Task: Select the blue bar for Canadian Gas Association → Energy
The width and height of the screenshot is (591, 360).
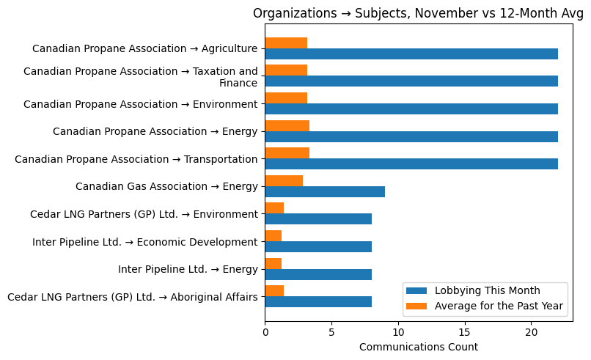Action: (x=325, y=191)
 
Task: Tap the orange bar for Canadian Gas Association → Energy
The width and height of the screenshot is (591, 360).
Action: (x=284, y=180)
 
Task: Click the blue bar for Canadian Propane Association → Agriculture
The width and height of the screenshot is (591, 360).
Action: (x=411, y=54)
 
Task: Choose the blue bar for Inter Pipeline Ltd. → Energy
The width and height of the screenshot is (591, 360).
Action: (x=318, y=274)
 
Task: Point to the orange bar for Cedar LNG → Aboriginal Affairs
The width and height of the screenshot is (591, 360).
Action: (x=274, y=290)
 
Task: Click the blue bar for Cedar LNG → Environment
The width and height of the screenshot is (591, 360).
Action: (x=318, y=219)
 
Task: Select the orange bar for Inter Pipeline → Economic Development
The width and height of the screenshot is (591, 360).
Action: (x=273, y=235)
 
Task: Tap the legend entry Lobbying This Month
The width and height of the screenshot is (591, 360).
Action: (x=487, y=290)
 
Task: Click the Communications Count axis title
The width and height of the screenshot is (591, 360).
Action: (x=418, y=347)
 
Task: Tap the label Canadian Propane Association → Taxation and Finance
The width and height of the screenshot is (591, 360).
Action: (x=140, y=77)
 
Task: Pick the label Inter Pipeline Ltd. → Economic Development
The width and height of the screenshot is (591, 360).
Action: (x=144, y=242)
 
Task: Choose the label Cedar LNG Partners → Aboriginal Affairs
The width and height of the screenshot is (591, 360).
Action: (x=132, y=297)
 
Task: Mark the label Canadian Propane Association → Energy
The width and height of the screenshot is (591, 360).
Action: (x=155, y=132)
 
